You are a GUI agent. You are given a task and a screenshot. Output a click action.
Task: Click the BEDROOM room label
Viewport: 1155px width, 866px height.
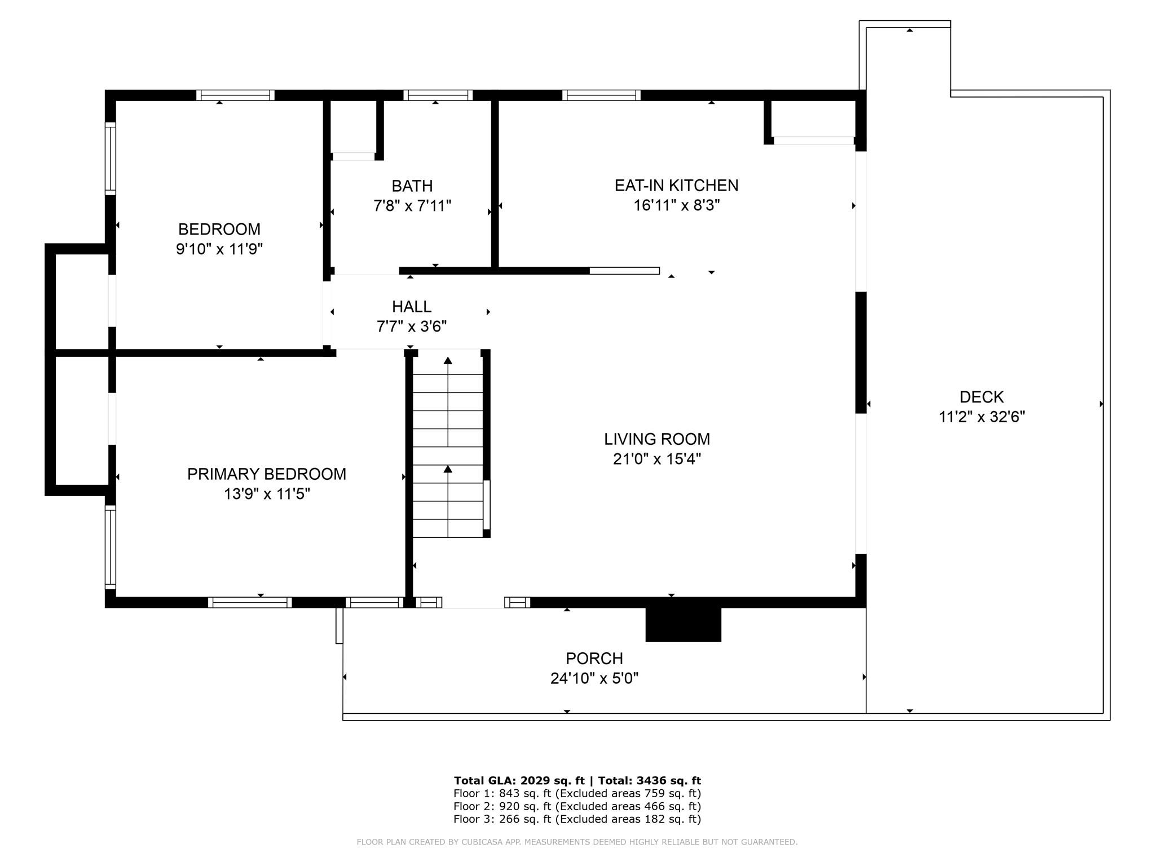click(x=219, y=229)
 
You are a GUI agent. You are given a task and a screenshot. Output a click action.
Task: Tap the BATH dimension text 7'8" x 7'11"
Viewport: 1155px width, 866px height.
click(x=412, y=206)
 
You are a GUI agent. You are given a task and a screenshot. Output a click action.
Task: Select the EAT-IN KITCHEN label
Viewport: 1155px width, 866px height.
click(x=676, y=185)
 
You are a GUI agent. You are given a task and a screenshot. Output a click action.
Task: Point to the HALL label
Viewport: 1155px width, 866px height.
click(x=412, y=307)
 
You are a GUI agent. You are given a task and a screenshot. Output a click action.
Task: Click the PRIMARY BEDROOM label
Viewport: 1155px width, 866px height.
click(x=267, y=474)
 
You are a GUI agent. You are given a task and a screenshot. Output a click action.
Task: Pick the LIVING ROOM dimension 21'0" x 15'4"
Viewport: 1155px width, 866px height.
click(x=657, y=459)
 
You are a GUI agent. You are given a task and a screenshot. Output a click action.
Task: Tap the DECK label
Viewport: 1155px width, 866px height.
click(x=982, y=397)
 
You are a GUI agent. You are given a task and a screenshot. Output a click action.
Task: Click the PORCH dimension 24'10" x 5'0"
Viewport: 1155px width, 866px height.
click(x=594, y=678)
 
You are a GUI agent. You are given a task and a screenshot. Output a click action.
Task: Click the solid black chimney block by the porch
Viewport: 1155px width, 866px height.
click(x=684, y=625)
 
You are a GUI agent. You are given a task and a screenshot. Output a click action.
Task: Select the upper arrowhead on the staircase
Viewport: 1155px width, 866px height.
click(x=448, y=361)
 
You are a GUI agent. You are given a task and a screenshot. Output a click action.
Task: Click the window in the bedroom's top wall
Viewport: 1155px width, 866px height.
click(x=235, y=95)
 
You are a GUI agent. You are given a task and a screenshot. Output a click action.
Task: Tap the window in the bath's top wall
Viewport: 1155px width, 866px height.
click(x=438, y=95)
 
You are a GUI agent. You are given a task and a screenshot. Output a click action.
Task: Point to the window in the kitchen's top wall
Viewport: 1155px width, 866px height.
click(x=602, y=95)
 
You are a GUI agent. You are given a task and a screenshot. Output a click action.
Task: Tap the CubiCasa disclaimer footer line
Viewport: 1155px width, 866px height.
click(x=577, y=842)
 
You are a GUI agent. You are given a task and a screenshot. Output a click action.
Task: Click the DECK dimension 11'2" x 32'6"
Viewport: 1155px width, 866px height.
click(x=982, y=417)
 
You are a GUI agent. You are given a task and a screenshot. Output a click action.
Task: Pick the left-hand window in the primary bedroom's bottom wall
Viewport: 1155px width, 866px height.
click(x=250, y=602)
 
